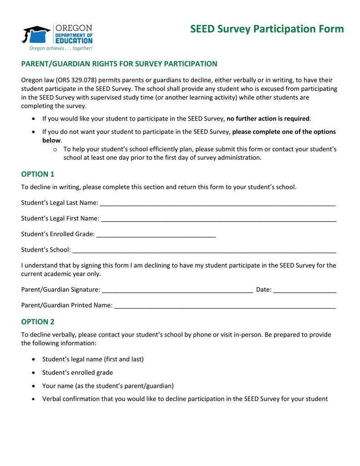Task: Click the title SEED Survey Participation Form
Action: click(267, 30)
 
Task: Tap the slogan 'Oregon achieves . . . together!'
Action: click(61, 48)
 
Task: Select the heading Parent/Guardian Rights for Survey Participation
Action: click(119, 64)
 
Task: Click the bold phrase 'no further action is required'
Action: click(268, 119)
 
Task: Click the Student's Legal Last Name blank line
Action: click(217, 203)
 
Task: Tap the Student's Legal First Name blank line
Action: click(218, 219)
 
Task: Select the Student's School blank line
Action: click(204, 251)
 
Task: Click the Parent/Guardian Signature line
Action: click(177, 290)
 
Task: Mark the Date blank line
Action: click(305, 290)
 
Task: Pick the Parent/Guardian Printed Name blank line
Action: click(225, 306)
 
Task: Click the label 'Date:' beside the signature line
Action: click(264, 289)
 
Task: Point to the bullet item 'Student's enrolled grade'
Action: click(77, 373)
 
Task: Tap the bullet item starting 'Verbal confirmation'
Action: click(185, 399)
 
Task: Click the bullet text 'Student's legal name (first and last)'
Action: click(93, 359)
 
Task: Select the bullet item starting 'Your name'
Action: click(108, 386)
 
